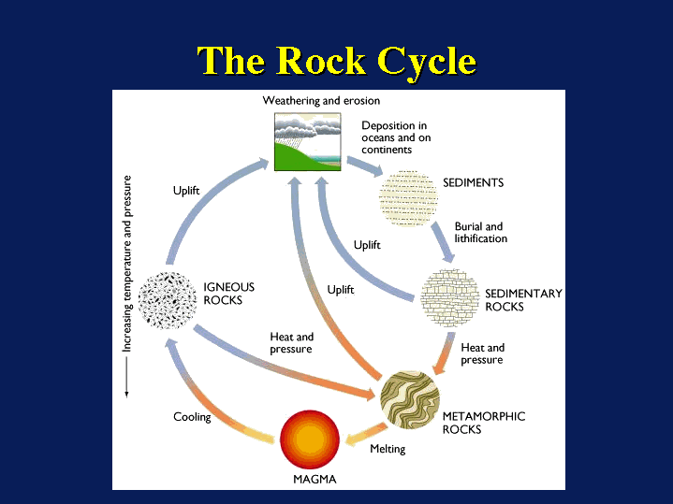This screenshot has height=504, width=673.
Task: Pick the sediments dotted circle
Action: [x=408, y=197]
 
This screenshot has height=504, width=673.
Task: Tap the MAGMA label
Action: [x=315, y=480]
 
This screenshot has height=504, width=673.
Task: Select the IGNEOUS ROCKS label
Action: [x=228, y=294]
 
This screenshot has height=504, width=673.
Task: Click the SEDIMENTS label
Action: [x=473, y=182]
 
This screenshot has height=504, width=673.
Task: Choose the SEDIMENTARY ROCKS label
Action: [x=523, y=300]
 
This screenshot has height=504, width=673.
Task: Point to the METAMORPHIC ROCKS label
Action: [x=483, y=423]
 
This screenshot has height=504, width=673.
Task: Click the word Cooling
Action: [x=192, y=417]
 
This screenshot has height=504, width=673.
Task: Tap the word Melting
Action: [x=388, y=449]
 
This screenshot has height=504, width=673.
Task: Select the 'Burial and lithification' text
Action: [x=480, y=232]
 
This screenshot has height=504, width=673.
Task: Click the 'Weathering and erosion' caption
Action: [x=321, y=100]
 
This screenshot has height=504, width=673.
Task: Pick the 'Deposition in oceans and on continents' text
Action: [x=396, y=137]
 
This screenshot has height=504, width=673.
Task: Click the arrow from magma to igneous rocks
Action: [x=201, y=394]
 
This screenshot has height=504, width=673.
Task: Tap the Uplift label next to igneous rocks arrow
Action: [x=186, y=191]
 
